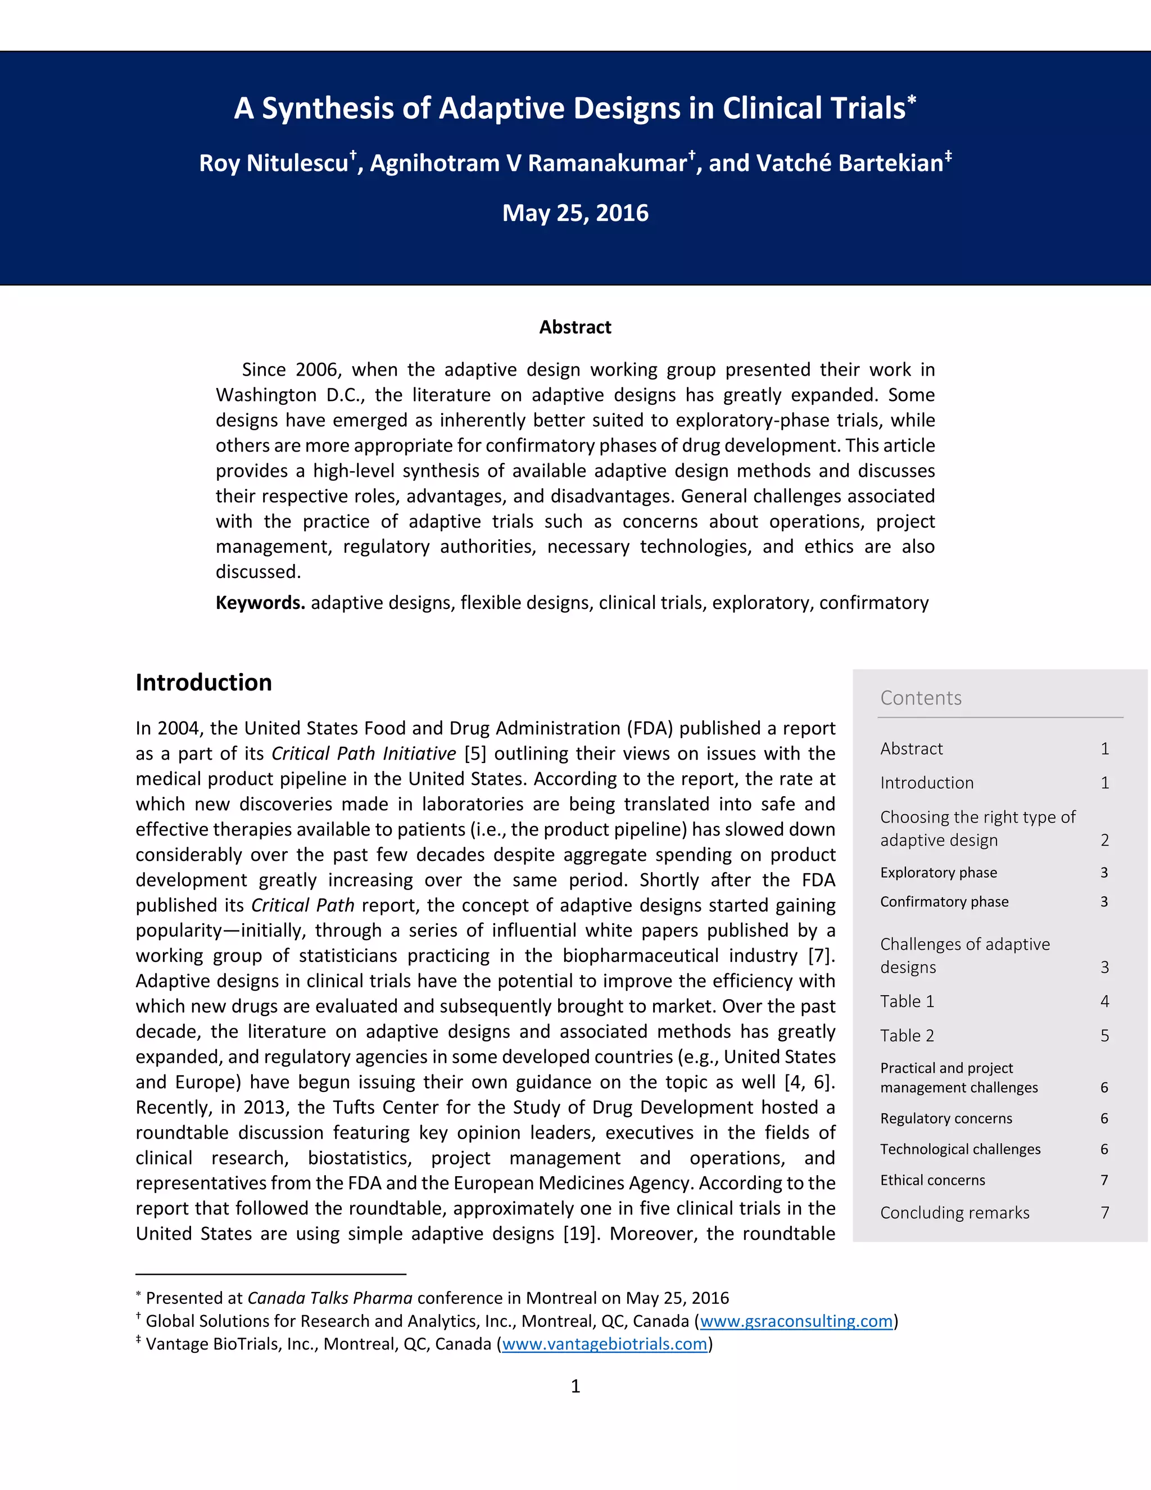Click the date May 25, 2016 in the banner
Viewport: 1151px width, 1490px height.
pyautogui.click(x=575, y=213)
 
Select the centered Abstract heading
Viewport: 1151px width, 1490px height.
pyautogui.click(x=575, y=327)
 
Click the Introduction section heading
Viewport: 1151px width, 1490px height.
pyautogui.click(x=203, y=682)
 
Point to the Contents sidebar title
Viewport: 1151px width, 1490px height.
pyautogui.click(x=921, y=698)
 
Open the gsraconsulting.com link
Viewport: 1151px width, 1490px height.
pyautogui.click(x=796, y=1321)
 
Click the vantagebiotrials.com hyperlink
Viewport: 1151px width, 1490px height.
pyautogui.click(x=604, y=1344)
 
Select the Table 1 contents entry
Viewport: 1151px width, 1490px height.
pyautogui.click(x=907, y=1001)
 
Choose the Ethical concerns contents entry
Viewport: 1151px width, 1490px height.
pyautogui.click(x=932, y=1180)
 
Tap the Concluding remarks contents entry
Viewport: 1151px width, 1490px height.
pyautogui.click(x=955, y=1213)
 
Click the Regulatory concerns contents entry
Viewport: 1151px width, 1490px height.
pyautogui.click(x=946, y=1118)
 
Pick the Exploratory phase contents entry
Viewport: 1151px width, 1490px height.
pyautogui.click(x=938, y=873)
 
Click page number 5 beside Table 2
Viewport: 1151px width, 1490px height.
pyautogui.click(x=1104, y=1036)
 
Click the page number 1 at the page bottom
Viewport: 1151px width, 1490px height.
pyautogui.click(x=575, y=1387)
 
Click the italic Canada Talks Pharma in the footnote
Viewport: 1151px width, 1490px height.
pyautogui.click(x=330, y=1298)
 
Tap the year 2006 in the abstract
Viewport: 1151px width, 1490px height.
pyautogui.click(x=317, y=370)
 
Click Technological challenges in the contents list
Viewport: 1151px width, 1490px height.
pyautogui.click(x=960, y=1150)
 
